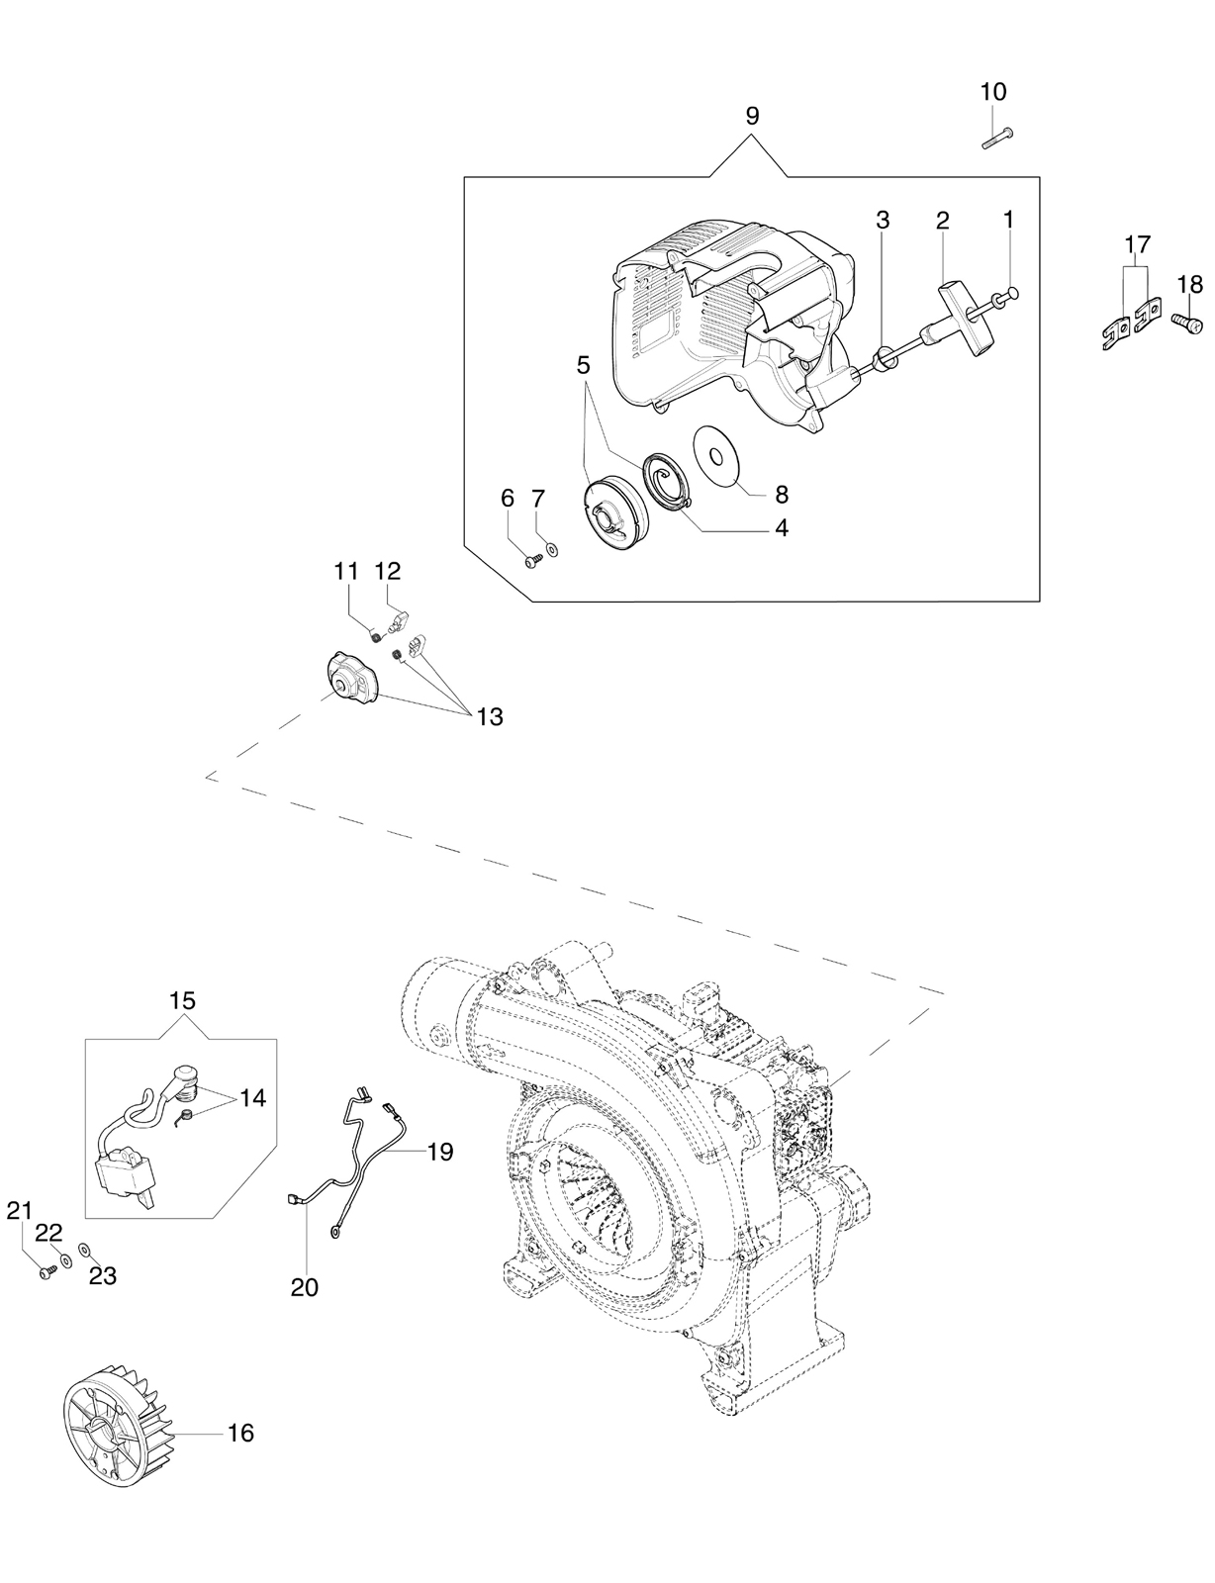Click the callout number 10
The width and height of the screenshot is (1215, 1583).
click(992, 92)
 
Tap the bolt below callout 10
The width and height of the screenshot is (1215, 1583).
click(998, 137)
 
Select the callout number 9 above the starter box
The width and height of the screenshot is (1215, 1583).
click(753, 115)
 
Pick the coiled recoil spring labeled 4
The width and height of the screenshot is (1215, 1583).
click(666, 483)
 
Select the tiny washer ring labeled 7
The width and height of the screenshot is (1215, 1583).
click(553, 547)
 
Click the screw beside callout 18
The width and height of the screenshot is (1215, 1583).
click(1186, 322)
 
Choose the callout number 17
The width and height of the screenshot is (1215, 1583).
click(1138, 242)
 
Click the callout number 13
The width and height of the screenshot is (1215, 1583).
click(490, 717)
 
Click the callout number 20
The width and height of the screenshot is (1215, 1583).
click(305, 1287)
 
